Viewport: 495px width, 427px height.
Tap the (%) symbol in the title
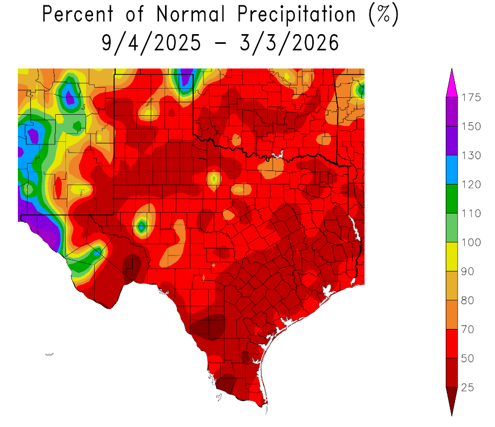(x=384, y=15)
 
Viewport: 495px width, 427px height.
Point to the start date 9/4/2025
(x=150, y=42)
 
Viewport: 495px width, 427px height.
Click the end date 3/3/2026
(x=291, y=42)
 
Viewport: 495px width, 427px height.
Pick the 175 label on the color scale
(x=471, y=97)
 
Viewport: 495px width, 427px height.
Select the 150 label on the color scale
(x=471, y=127)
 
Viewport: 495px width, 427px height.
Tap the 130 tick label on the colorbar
(x=471, y=156)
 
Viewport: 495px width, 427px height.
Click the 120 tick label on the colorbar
(x=471, y=185)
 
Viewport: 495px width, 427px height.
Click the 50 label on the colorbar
(x=468, y=358)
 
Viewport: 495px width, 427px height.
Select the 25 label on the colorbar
(x=468, y=387)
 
